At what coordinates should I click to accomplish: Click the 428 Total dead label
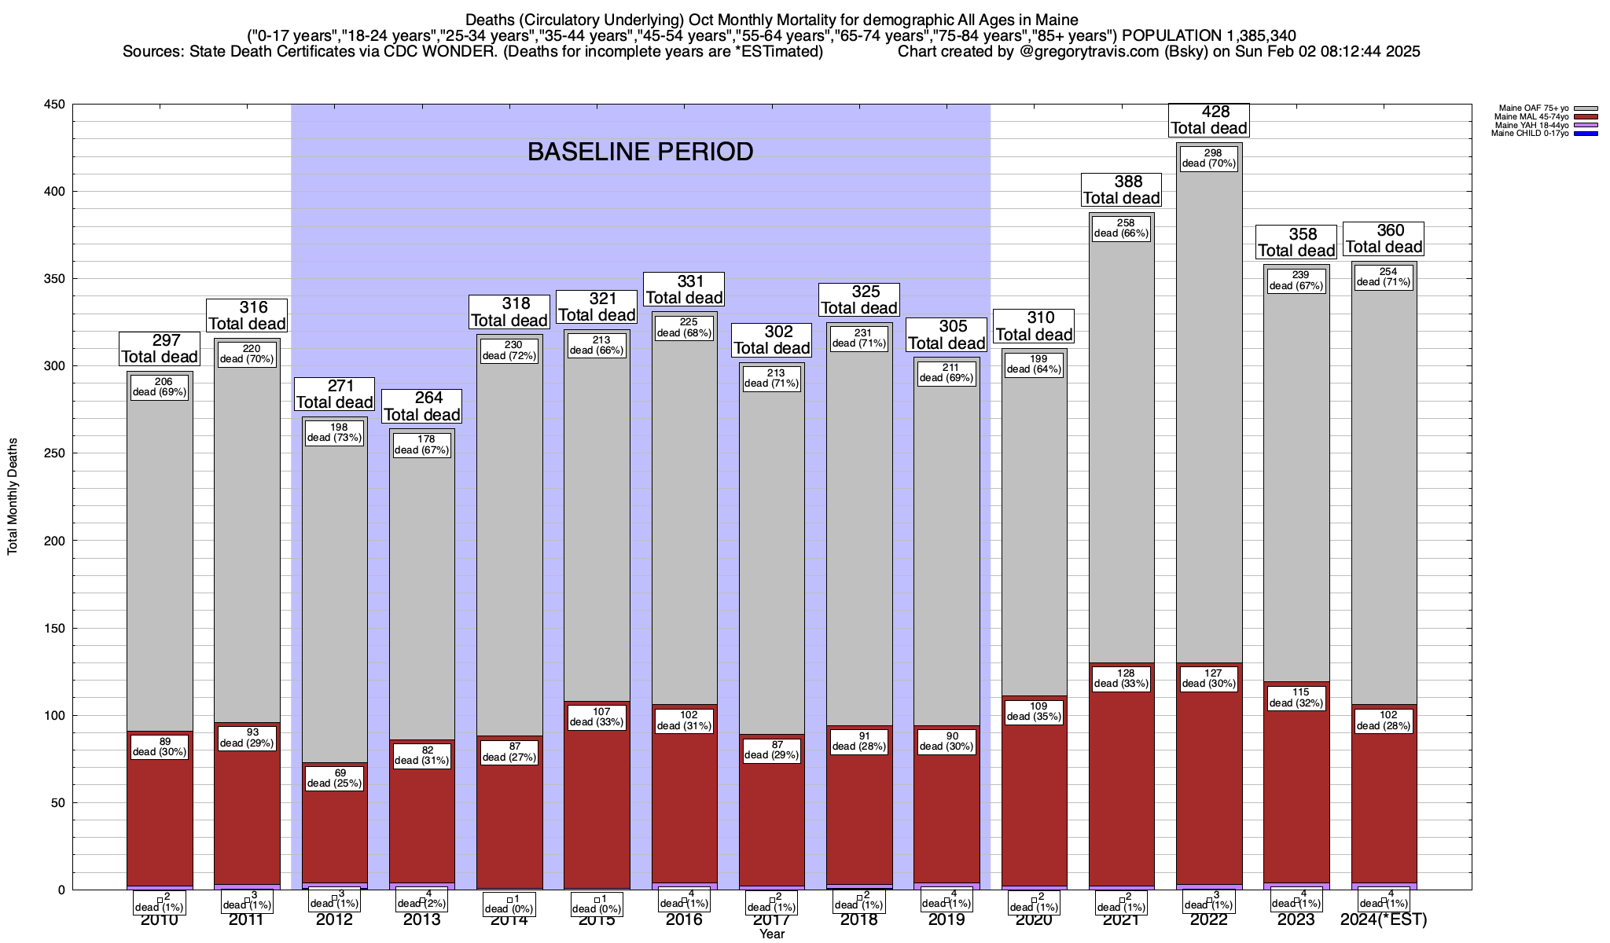1208,120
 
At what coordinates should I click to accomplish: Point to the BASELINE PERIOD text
640,152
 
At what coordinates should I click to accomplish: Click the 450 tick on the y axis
57,105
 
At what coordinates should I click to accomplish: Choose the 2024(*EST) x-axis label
1384,919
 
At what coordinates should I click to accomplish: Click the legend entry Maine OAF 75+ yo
1533,108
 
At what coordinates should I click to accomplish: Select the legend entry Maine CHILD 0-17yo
1533,134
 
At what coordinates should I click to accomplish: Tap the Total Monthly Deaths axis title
13,497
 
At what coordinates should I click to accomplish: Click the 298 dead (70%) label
1209,158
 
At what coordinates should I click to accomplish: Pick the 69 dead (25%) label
335,778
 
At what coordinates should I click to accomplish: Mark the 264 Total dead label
422,406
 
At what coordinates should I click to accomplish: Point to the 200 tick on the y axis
57,541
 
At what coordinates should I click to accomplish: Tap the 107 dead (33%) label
597,717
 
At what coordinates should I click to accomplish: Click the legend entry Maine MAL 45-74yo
1533,117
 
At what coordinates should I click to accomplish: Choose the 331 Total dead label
684,289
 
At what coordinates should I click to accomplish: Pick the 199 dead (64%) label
1034,365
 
